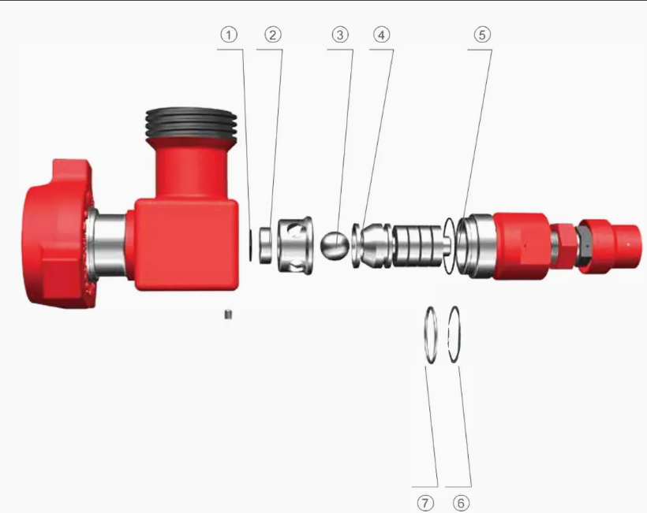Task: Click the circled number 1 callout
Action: tap(229, 35)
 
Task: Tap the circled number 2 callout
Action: tap(273, 35)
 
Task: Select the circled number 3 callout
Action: tap(340, 35)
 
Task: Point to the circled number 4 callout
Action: tap(382, 35)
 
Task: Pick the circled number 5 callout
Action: tap(482, 35)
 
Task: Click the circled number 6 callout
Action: tap(462, 503)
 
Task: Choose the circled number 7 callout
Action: tap(426, 503)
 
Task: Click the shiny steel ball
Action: tap(335, 245)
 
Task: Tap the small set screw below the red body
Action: tap(228, 314)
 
